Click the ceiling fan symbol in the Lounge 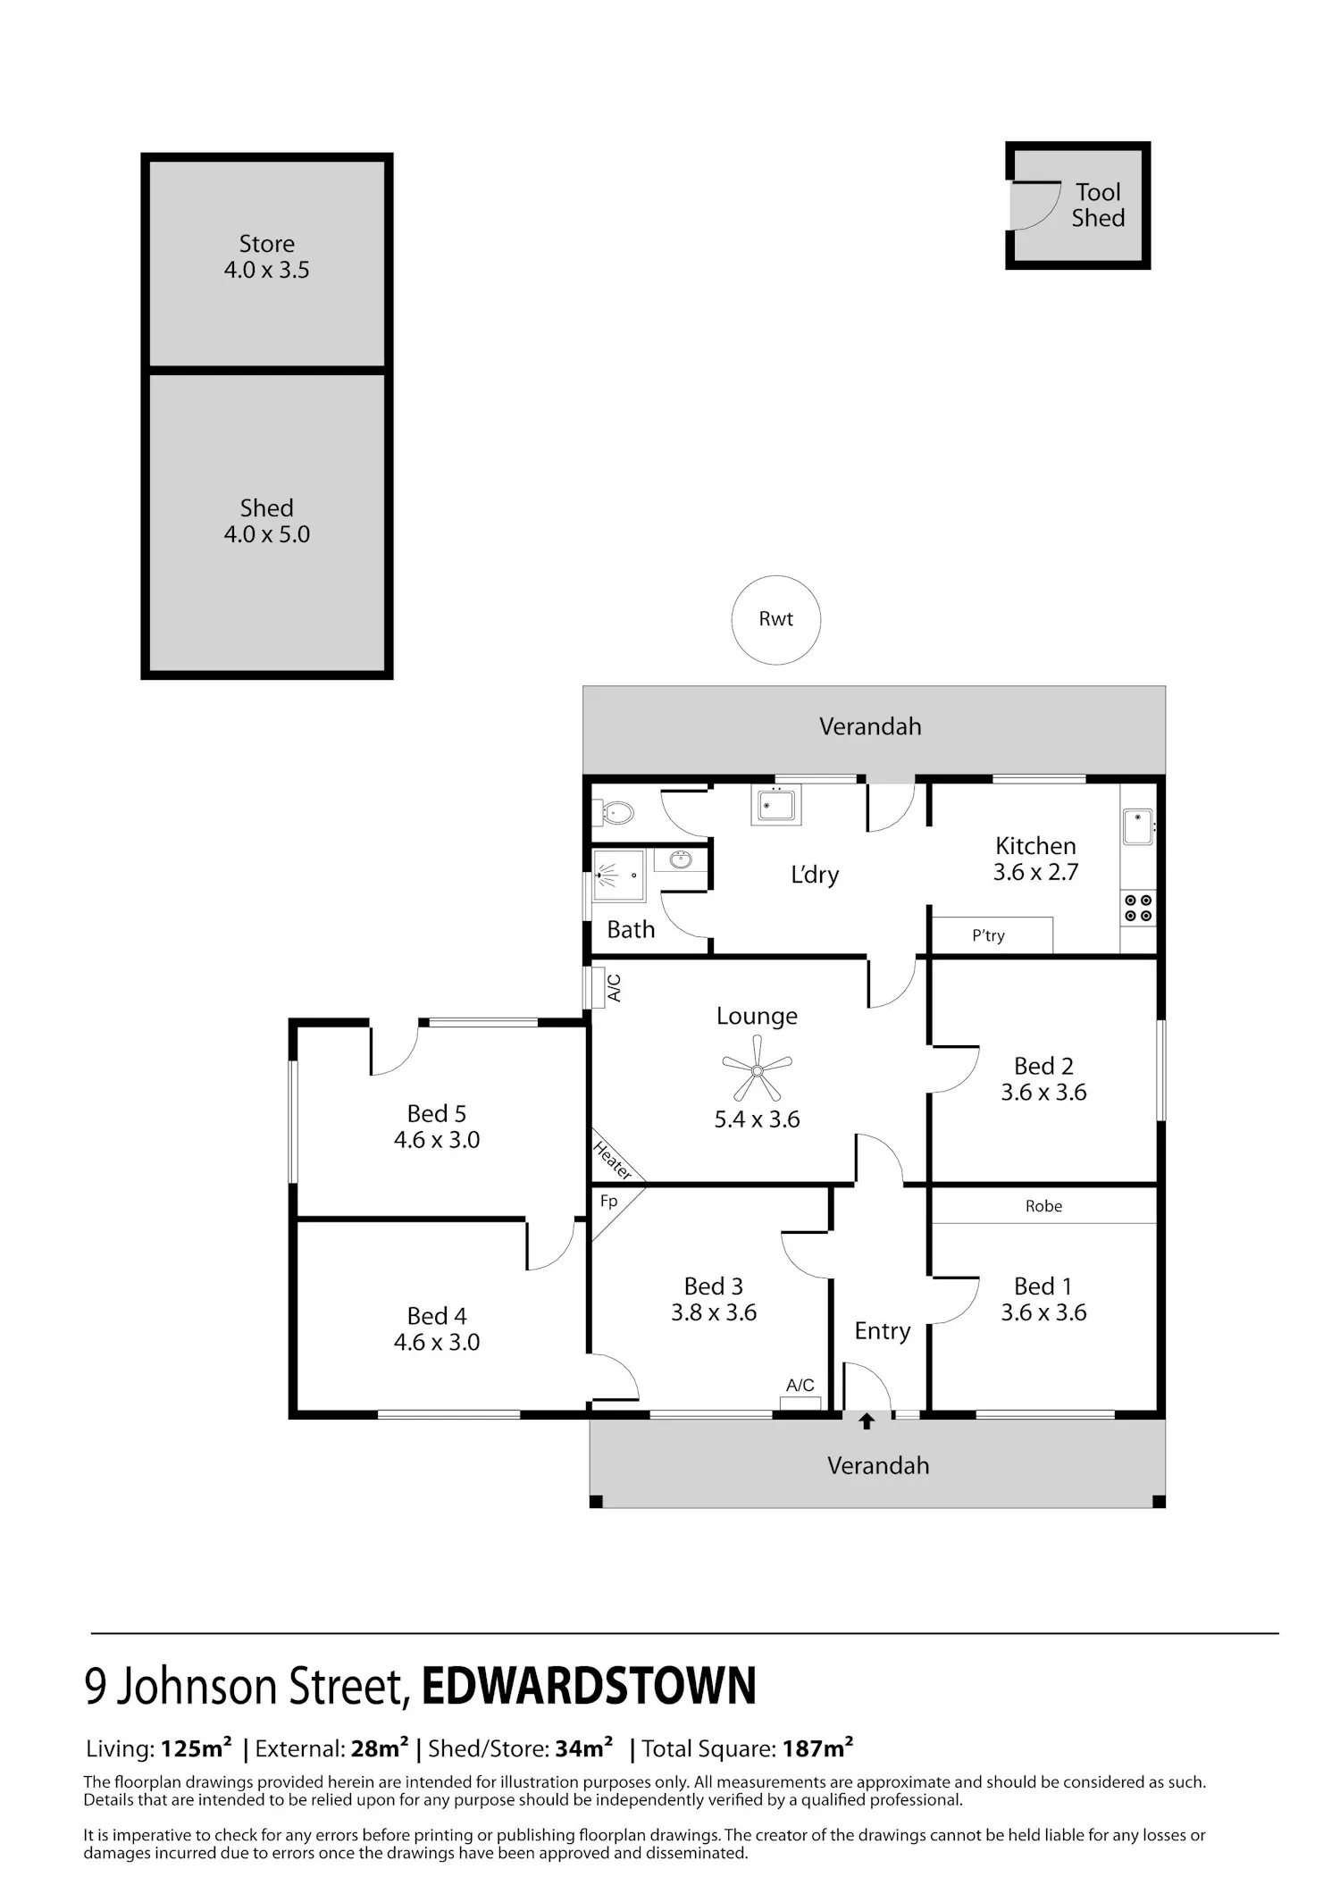(757, 1070)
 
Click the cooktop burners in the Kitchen (1138, 909)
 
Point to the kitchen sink (1138, 826)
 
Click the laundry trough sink (775, 805)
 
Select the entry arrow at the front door (866, 1420)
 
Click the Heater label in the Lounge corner (614, 1160)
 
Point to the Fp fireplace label (608, 1201)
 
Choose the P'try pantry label (988, 935)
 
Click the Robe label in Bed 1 (1043, 1206)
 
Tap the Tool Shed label (1098, 205)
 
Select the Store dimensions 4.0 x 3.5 (266, 270)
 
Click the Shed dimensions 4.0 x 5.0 (266, 534)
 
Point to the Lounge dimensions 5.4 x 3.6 (757, 1119)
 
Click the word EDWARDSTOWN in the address (589, 1686)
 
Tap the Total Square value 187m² (818, 1748)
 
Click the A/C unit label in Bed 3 (800, 1385)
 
